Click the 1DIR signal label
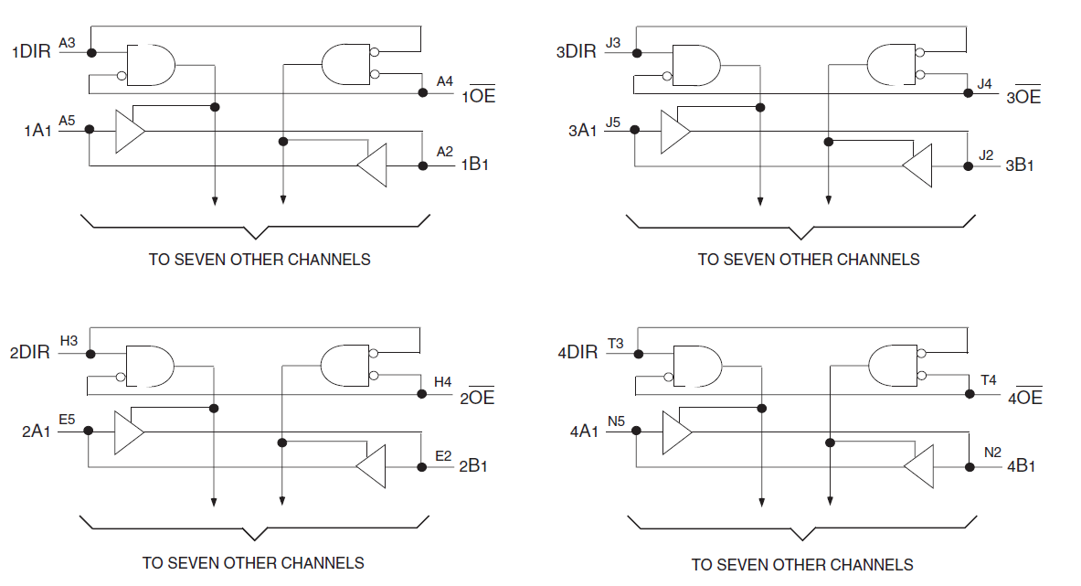click(x=32, y=52)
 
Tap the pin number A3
click(x=67, y=43)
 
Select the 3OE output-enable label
click(x=1023, y=97)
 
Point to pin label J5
click(x=613, y=122)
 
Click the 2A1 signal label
click(x=37, y=432)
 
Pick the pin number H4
click(x=442, y=382)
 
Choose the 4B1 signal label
click(x=1021, y=466)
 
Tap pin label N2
click(x=992, y=453)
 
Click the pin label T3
click(x=615, y=344)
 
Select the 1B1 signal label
click(x=475, y=164)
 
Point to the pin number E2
click(x=443, y=455)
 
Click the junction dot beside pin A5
click(x=89, y=130)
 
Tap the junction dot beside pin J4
click(x=968, y=93)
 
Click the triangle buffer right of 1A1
click(x=129, y=131)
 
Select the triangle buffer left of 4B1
click(x=919, y=467)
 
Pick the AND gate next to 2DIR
click(x=150, y=366)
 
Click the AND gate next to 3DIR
click(x=696, y=66)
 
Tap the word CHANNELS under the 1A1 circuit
click(x=329, y=260)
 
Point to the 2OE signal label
click(x=477, y=397)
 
